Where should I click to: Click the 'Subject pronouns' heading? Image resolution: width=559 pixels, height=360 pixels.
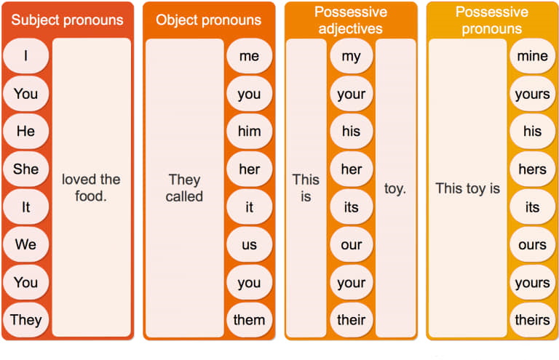coord(67,20)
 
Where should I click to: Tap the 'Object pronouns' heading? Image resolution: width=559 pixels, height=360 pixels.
coord(209,20)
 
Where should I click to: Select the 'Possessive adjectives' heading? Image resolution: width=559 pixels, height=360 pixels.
coord(351,20)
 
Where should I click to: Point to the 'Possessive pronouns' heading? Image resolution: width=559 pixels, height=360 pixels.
coord(492,20)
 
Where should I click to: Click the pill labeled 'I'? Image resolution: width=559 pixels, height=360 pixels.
coord(26,56)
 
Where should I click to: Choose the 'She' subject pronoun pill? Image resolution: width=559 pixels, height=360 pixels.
coord(26,169)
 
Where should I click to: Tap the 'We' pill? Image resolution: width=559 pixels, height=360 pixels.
coord(26,244)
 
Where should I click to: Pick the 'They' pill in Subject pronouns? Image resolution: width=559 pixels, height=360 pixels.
coord(26,320)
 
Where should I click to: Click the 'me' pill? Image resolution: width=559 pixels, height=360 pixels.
coord(249,56)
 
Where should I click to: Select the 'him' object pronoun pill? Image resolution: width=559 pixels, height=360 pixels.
coord(249,131)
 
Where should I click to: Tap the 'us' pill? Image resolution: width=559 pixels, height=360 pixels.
coord(249,244)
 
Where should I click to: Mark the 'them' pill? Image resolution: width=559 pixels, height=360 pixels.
coord(249,320)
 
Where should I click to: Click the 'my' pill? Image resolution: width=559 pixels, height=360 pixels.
coord(352,56)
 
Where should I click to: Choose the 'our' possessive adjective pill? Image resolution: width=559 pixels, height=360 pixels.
coord(352,244)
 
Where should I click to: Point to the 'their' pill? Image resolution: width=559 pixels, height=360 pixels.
coord(352,320)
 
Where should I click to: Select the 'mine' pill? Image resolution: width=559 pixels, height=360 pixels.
coord(533,56)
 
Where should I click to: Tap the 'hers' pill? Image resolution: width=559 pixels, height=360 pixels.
coord(533,169)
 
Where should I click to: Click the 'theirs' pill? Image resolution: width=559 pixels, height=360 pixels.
coord(533,320)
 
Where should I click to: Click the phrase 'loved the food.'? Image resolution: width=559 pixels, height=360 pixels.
coord(91,188)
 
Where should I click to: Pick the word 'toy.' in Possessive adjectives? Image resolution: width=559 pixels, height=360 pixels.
coord(395,188)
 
